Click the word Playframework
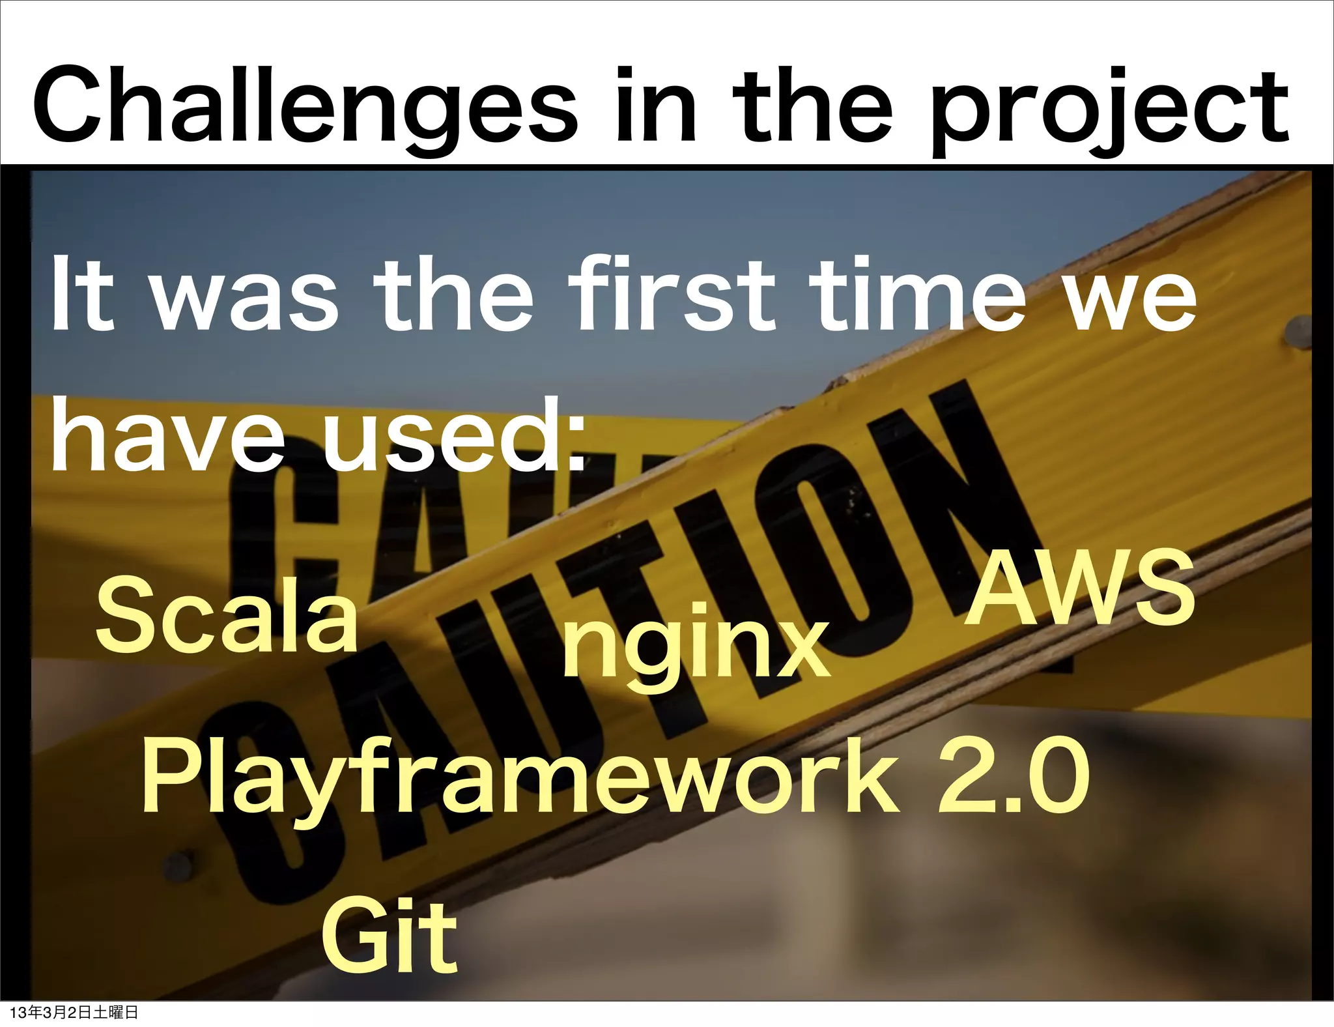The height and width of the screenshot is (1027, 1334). (521, 779)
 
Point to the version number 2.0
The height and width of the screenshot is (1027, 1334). (1014, 775)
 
